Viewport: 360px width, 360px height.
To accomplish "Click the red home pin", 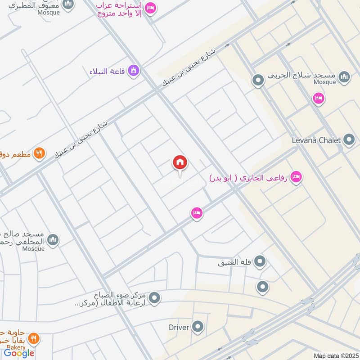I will [180, 163].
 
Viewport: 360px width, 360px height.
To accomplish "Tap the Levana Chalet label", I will [317, 140].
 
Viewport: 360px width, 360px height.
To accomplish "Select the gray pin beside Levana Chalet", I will [349, 140].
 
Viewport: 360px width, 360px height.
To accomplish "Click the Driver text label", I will [178, 327].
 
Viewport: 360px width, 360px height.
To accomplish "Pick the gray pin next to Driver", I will [198, 327].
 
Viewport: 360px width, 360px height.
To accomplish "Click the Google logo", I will [19, 353].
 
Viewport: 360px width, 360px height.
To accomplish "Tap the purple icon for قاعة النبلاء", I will [133, 71].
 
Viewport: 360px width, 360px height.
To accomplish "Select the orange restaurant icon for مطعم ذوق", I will [40, 153].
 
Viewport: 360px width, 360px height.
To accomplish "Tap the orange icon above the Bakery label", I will [33, 338].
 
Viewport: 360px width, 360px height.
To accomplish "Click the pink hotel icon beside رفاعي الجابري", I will [296, 177].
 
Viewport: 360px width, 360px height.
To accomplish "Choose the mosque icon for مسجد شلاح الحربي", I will [344, 77].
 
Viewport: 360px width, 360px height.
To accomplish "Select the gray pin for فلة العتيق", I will [260, 261].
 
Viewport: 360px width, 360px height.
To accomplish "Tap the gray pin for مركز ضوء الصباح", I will [154, 298].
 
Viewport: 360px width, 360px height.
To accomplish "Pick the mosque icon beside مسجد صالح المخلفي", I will [53, 240].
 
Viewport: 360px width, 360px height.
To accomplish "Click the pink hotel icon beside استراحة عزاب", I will [151, 8].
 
